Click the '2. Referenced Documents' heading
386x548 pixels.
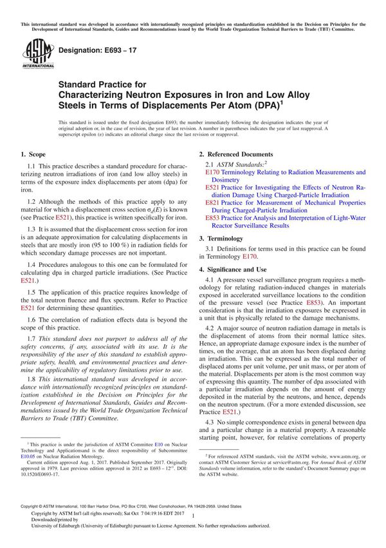click(235, 155)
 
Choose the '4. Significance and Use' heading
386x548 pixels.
click(235, 268)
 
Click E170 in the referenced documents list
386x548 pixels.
click(211, 173)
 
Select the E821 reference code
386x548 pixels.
click(211, 202)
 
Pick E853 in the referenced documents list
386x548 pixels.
click(211, 218)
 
